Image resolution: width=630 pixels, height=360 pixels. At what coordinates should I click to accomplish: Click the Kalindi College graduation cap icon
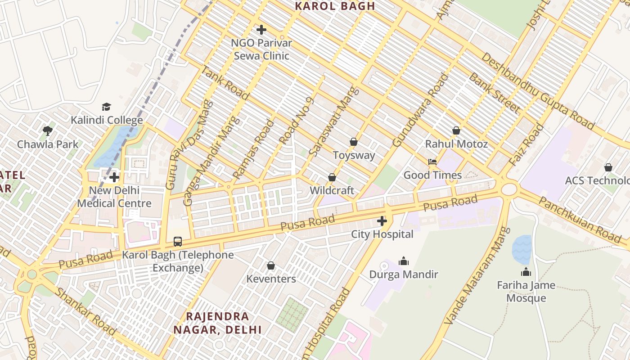(x=106, y=107)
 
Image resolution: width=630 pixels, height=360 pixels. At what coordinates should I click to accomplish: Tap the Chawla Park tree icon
(x=48, y=131)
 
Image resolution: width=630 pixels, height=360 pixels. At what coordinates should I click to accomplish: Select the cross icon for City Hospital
(x=382, y=221)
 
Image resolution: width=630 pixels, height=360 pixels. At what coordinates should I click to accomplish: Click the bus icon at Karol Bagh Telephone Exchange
(x=178, y=242)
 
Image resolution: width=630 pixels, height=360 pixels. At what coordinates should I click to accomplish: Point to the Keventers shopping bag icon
(x=271, y=265)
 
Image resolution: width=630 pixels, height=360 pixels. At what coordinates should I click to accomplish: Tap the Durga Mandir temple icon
(x=404, y=261)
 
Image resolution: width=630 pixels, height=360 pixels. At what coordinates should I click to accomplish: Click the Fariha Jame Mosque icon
(x=526, y=272)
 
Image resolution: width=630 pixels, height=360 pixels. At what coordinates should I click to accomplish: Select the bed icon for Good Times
(x=432, y=162)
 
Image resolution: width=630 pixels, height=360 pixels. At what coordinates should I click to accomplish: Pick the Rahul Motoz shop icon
(x=456, y=130)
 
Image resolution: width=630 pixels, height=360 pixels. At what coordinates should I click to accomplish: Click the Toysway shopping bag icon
(x=354, y=142)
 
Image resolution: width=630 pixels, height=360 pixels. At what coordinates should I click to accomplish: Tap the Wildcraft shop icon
(x=332, y=177)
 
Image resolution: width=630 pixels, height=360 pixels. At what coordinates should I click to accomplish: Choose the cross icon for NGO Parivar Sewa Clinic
(x=261, y=30)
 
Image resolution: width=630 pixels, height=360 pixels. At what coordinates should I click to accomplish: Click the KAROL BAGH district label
(x=335, y=6)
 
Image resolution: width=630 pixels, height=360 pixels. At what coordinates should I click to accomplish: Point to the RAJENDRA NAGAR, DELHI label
(x=218, y=323)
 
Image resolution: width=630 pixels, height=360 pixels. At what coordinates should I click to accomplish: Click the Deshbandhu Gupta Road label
(x=537, y=90)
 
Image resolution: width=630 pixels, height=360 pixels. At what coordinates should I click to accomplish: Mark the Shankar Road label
(x=85, y=311)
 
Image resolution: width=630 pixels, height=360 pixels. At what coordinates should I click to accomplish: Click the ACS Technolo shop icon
(x=608, y=167)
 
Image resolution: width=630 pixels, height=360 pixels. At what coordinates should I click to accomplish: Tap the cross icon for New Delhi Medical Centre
(x=114, y=177)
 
